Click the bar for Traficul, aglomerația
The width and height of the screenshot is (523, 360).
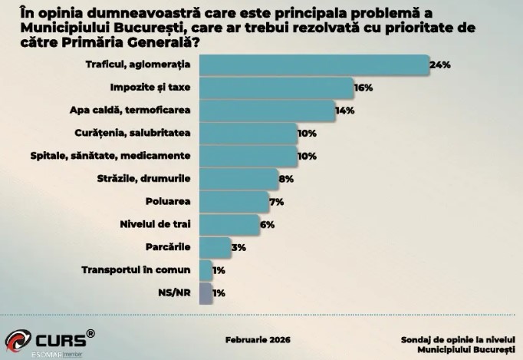(x=313, y=65)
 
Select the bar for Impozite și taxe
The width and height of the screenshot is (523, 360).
(x=276, y=88)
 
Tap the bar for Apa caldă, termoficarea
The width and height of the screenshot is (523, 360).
(x=267, y=111)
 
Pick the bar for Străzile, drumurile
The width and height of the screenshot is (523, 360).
(x=238, y=179)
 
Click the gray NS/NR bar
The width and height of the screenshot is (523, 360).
(x=206, y=292)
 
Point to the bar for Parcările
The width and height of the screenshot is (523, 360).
(x=215, y=247)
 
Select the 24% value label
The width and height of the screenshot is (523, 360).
(x=439, y=65)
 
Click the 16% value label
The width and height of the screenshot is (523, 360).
(x=363, y=88)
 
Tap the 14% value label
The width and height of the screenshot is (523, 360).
(x=344, y=111)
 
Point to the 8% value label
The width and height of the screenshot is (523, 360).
(x=286, y=179)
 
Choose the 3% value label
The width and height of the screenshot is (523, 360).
(x=238, y=247)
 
